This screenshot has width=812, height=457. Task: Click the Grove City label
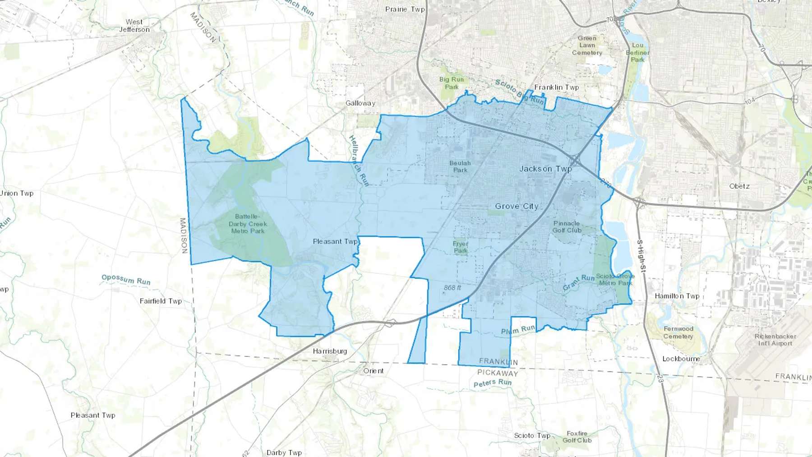click(x=517, y=206)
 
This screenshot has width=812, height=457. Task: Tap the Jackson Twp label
click(x=545, y=169)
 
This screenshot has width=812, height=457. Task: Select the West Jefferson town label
click(x=134, y=26)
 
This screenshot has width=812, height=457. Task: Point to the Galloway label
click(x=360, y=103)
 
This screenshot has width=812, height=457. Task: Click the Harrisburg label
click(x=330, y=351)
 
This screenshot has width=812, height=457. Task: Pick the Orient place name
click(x=374, y=371)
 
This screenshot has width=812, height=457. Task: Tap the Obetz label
click(x=739, y=186)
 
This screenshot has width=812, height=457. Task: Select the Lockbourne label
click(x=681, y=359)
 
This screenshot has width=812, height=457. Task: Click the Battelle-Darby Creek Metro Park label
click(x=248, y=224)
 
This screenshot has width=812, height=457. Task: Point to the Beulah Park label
click(x=460, y=166)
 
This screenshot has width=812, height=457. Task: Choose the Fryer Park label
click(x=461, y=247)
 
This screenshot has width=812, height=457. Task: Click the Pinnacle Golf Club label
click(x=567, y=226)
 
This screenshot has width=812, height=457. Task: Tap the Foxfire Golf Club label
click(x=577, y=437)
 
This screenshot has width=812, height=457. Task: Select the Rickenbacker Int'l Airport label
click(x=775, y=340)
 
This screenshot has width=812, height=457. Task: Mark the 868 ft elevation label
click(x=452, y=288)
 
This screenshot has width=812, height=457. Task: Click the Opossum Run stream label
click(x=126, y=280)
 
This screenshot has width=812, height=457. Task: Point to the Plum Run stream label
click(x=518, y=330)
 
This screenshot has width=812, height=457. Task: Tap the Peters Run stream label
click(x=493, y=383)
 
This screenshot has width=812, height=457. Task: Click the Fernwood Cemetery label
click(x=678, y=332)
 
